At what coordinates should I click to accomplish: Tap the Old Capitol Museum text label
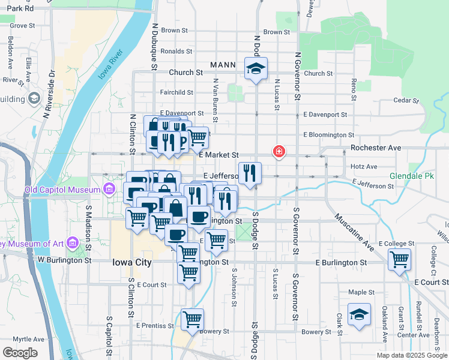62,190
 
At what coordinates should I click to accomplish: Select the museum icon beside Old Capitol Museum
109,190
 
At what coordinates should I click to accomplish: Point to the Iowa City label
133,262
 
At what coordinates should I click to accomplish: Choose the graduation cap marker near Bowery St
359,316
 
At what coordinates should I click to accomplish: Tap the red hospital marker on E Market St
279,152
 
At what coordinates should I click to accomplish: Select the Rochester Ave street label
375,148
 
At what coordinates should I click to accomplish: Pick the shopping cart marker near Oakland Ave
399,260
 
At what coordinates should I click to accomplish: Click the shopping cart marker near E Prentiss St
192,319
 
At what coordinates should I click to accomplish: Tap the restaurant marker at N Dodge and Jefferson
250,173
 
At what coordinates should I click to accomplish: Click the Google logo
20,352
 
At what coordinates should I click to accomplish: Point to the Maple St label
361,293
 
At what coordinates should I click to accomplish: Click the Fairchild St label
176,92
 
